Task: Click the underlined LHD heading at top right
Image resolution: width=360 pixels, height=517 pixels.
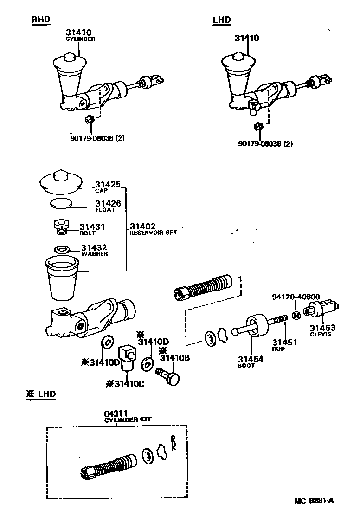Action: [x=222, y=19]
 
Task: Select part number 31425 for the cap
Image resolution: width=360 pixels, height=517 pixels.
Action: [x=108, y=184]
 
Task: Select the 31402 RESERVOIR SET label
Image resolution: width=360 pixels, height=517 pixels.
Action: [x=153, y=229]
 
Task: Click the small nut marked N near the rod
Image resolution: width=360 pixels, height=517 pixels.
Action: [x=296, y=316]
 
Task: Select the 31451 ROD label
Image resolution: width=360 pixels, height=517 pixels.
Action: [x=285, y=345]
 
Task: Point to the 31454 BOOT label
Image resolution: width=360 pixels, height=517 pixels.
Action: [x=251, y=362]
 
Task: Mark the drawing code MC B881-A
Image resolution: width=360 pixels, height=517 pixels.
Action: [x=314, y=500]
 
